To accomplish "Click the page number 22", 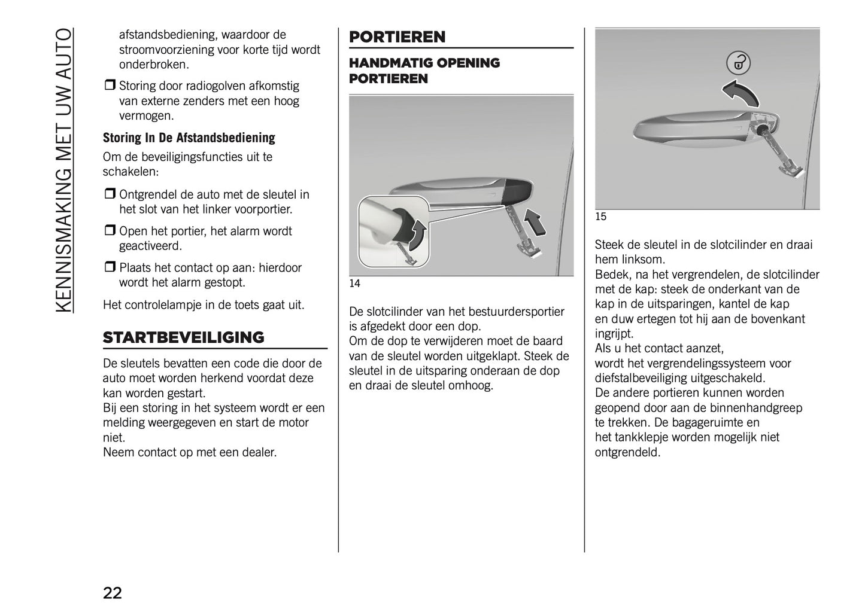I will pos(113,593).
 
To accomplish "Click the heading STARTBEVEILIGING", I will pos(183,337).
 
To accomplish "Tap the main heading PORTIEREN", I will pos(397,37).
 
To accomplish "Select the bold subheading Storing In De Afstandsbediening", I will pos(189,138).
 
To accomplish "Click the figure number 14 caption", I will pos(354,284).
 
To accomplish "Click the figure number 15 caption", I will pos(600,217).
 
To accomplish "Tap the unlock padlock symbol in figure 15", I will pos(738,62).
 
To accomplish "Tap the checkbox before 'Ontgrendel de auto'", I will pos(110,194).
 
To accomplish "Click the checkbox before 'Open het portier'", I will pos(110,231).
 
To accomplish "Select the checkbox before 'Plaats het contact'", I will pos(110,267).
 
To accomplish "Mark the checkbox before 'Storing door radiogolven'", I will pos(110,86).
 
